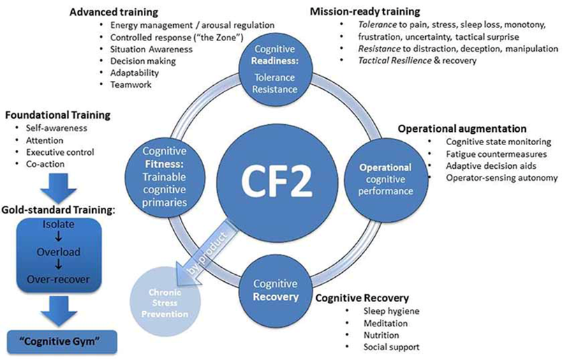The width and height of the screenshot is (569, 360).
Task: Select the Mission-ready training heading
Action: point(364,12)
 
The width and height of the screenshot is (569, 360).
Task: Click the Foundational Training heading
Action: point(57,114)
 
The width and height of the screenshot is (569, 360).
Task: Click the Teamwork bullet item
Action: point(131,84)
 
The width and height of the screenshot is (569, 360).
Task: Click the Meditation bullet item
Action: point(385,323)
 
